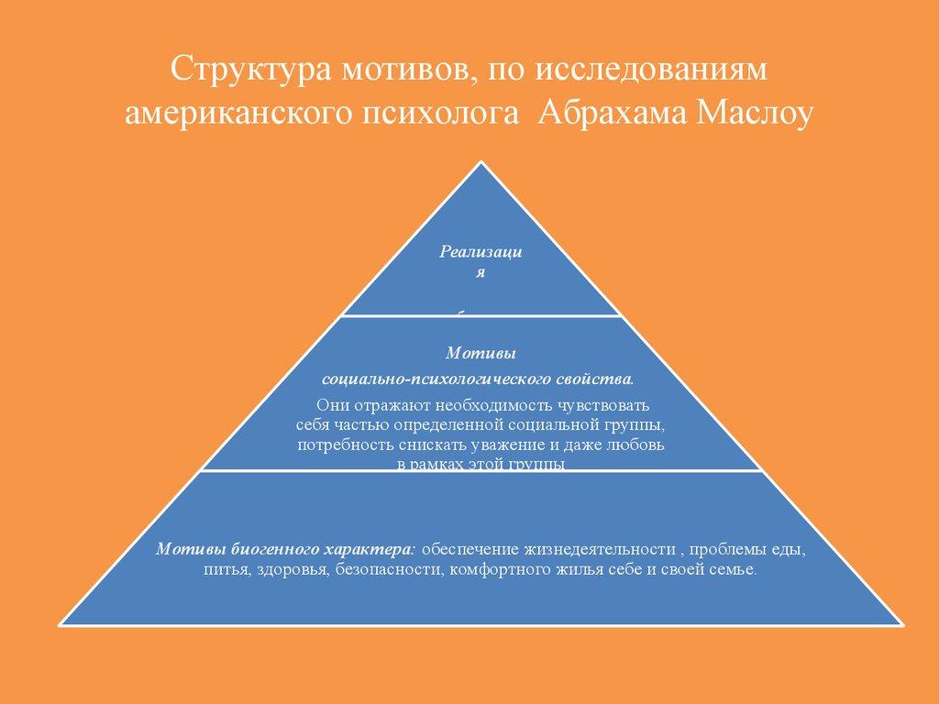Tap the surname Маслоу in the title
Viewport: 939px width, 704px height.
coord(753,115)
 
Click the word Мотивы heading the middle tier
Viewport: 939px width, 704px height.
coord(480,353)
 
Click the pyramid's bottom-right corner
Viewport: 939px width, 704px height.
coord(903,625)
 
